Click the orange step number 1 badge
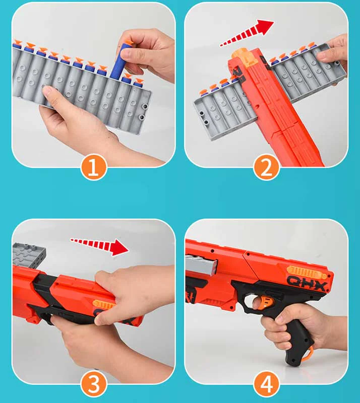pos(94,168)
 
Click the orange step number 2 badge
pos(266,168)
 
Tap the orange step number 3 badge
pos(94,385)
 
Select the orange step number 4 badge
pos(266,385)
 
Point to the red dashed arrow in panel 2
pos(247,35)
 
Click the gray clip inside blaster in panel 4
pos(197,265)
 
